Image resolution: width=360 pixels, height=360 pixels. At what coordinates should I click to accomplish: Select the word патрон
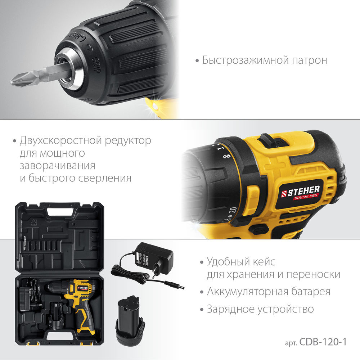click(x=310, y=60)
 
